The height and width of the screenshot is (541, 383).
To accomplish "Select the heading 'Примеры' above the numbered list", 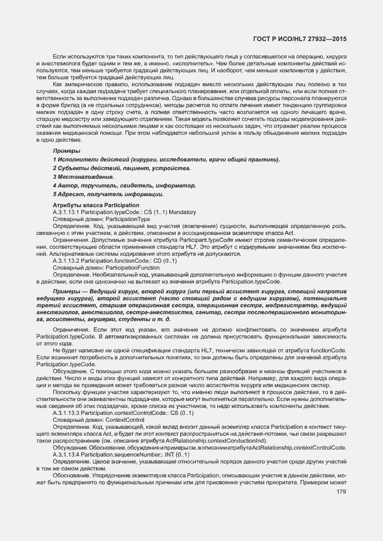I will (64, 150).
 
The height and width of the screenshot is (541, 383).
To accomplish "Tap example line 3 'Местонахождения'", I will (83, 176).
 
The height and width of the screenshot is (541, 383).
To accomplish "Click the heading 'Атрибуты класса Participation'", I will (96, 205).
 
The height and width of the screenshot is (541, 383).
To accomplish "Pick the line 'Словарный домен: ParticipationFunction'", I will (106, 268).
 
